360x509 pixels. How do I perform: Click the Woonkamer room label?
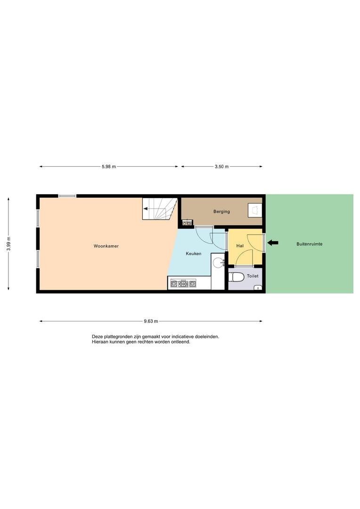(x=106, y=246)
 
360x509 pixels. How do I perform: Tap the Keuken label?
(x=194, y=254)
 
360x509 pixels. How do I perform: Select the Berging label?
(x=222, y=212)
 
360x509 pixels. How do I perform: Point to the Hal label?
(x=240, y=246)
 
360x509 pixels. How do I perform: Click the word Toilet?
(x=253, y=276)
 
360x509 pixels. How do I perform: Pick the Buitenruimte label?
(x=310, y=244)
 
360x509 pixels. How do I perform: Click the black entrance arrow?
(x=273, y=243)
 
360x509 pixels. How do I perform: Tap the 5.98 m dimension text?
(x=109, y=166)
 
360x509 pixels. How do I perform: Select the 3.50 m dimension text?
(x=222, y=166)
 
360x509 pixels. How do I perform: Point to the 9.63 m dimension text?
(x=151, y=321)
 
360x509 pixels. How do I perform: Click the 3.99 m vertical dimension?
(x=8, y=244)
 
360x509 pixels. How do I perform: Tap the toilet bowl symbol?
(x=237, y=277)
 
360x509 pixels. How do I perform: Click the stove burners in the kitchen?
(x=183, y=284)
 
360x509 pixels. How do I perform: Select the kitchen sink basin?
(x=218, y=263)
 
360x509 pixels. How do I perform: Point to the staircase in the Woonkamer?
(x=160, y=209)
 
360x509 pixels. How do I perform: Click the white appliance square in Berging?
(x=254, y=210)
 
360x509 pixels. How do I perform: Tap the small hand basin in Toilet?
(x=258, y=287)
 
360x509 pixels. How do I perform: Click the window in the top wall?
(x=67, y=196)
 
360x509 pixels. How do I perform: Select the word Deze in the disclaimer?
(x=97, y=337)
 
